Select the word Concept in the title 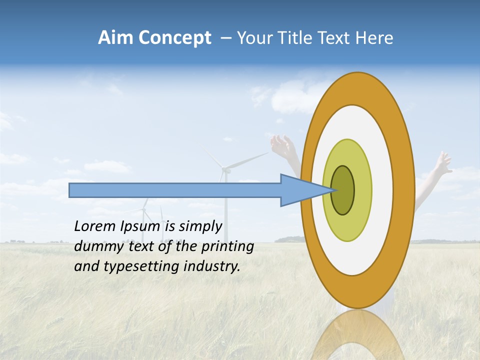pos(175,38)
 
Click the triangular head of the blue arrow pos(300,190)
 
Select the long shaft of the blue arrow pos(175,190)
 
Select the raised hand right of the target pos(442,162)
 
